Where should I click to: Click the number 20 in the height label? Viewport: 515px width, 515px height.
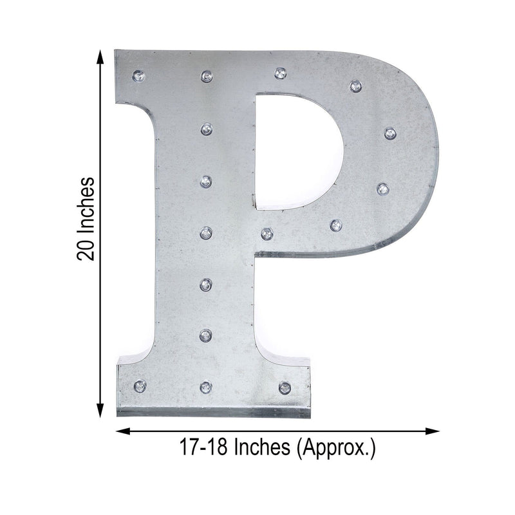pos(86,248)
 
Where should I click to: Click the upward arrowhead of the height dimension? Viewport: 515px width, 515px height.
pos(100,57)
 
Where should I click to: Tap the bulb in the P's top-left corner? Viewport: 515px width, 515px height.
pos(138,76)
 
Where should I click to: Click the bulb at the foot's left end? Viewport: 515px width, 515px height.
pos(138,386)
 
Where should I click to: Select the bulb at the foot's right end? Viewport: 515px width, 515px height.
pos(285,387)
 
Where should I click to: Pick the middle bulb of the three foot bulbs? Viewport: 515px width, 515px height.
pos(206,387)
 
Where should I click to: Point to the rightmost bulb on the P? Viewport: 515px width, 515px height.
pos(389,133)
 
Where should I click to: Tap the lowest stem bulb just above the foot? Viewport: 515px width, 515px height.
pos(206,335)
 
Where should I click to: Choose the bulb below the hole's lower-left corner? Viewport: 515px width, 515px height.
pos(267,233)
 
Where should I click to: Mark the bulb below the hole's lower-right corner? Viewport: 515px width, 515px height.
pos(335,225)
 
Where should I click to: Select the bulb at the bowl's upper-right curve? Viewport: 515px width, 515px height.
pos(355,86)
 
